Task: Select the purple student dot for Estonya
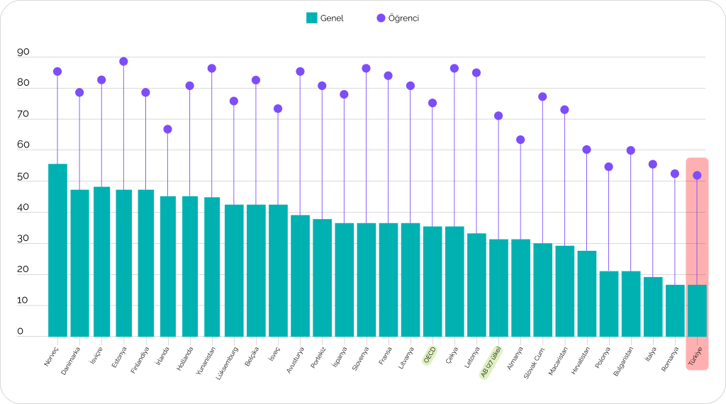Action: pyautogui.click(x=123, y=62)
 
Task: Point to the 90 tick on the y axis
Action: pyautogui.click(x=23, y=52)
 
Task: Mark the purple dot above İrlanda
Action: pyautogui.click(x=168, y=129)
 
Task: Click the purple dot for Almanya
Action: pyautogui.click(x=520, y=140)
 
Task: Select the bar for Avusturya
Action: pyautogui.click(x=300, y=276)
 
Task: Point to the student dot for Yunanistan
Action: pyautogui.click(x=211, y=68)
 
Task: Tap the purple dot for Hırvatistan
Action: pyautogui.click(x=586, y=150)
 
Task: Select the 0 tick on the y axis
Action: pyautogui.click(x=21, y=332)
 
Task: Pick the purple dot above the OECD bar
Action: pyautogui.click(x=432, y=103)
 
